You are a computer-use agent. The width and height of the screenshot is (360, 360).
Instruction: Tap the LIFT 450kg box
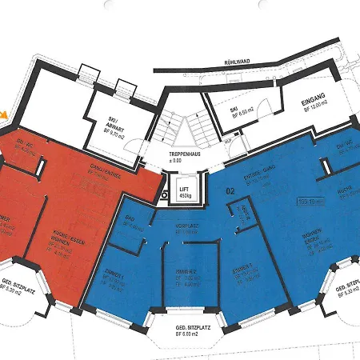click(x=184, y=191)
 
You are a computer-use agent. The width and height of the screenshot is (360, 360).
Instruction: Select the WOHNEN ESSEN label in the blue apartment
click(x=313, y=240)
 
